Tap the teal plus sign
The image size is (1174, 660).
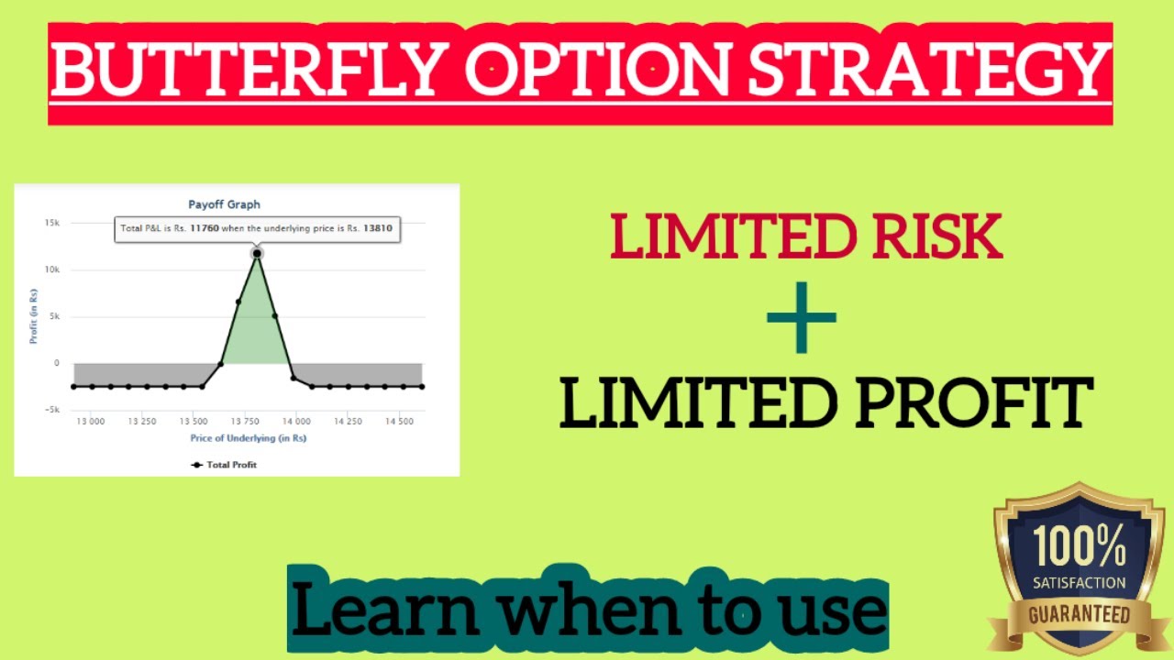[x=802, y=317]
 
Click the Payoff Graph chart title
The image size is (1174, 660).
[x=224, y=204]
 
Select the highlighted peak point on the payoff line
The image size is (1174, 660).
[x=257, y=253]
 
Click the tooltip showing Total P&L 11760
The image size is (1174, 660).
[x=258, y=228]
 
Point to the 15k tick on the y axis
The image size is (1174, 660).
[x=51, y=223]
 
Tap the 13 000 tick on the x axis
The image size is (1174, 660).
[x=90, y=422]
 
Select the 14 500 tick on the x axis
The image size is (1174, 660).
[x=398, y=422]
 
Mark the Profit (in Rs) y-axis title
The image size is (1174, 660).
[x=33, y=316]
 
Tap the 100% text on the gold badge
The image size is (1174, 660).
[x=1079, y=548]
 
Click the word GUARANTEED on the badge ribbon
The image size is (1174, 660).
[x=1079, y=613]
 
